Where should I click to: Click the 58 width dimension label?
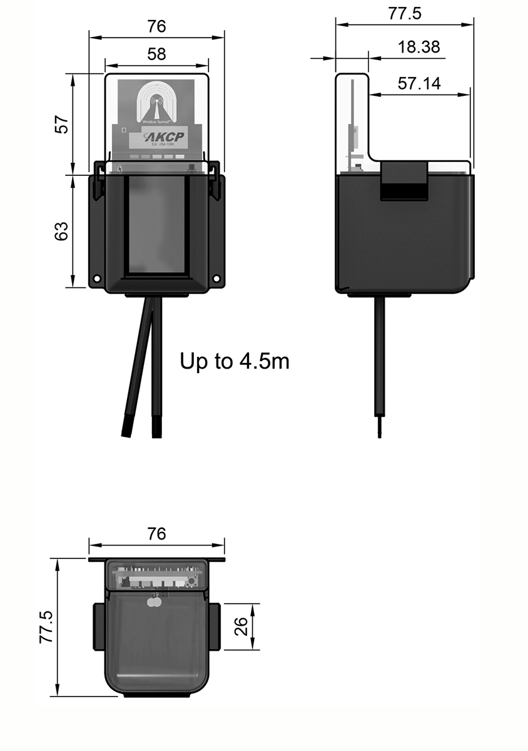tap(156, 54)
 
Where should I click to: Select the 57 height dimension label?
tap(61, 124)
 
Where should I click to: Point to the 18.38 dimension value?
tap(419, 47)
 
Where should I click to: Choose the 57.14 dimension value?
tap(419, 84)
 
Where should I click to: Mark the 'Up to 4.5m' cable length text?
tap(235, 361)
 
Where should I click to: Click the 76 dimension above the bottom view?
tap(156, 534)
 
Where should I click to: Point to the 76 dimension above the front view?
tap(156, 26)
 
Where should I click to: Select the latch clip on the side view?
tap(404, 180)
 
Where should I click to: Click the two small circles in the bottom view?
tap(153, 602)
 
